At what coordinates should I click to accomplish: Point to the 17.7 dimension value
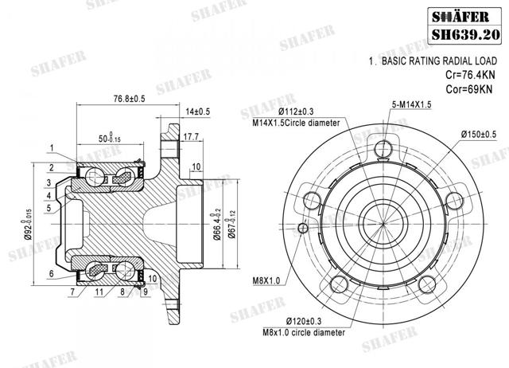(190, 138)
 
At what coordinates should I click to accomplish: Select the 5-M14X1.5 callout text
(410, 104)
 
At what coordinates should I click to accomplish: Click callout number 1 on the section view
(50, 147)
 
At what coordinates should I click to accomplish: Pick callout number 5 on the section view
(49, 209)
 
